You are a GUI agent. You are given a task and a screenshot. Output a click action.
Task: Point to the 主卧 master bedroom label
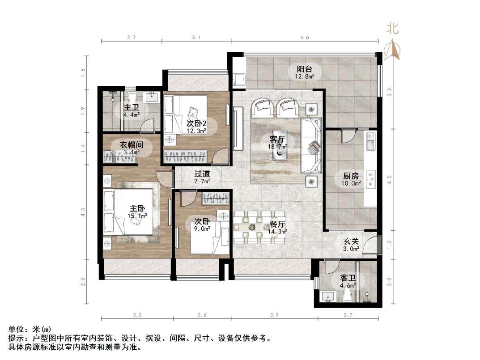(x=137, y=208)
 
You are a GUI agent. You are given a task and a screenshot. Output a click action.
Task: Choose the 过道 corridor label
(x=202, y=174)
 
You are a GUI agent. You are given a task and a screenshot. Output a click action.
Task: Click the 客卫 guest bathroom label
(x=348, y=277)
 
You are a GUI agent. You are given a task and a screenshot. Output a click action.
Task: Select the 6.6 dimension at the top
(x=305, y=38)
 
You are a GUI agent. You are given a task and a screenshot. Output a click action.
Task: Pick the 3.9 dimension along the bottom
(x=274, y=315)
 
